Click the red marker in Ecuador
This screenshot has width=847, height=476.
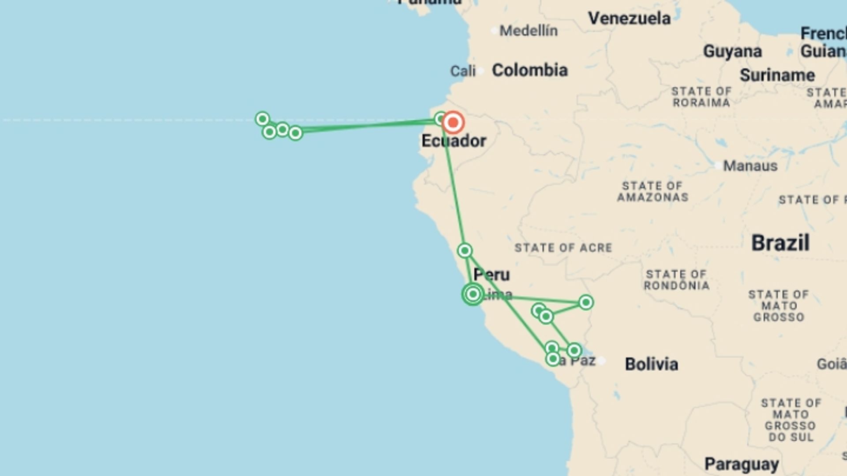point(453,123)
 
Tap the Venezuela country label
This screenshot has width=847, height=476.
point(629,19)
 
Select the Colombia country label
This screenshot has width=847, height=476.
point(529,70)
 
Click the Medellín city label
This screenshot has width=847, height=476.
point(528,31)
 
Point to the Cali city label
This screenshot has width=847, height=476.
point(463,71)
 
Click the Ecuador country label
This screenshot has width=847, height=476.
point(453,141)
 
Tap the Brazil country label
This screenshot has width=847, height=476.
point(780,243)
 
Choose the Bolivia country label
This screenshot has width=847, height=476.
point(651,364)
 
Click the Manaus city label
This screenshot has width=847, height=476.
point(750,166)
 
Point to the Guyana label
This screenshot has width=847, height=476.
point(732,52)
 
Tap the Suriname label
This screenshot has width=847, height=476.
point(777,75)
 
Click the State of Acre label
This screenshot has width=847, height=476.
point(563,248)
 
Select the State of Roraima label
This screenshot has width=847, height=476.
point(701,97)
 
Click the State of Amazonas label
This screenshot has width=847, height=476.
point(652,192)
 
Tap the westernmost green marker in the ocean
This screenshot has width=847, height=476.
point(262,119)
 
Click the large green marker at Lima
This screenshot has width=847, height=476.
point(473,294)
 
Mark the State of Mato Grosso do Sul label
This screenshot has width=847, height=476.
point(791,420)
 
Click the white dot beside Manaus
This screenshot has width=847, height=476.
point(718,166)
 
